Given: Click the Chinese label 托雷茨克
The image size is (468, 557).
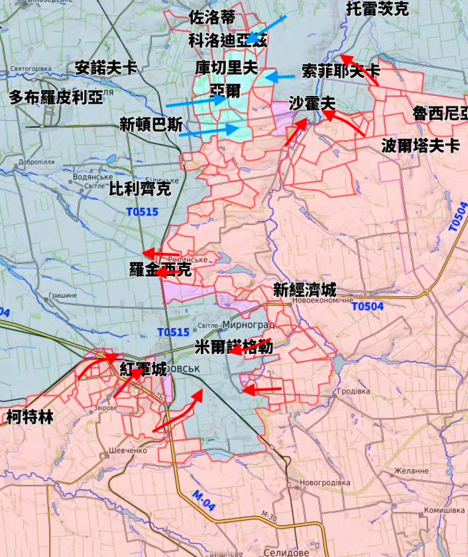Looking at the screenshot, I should [x=377, y=9].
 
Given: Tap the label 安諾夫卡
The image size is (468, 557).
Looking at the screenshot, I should [x=106, y=68].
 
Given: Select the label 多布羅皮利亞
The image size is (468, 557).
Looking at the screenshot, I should [x=56, y=97].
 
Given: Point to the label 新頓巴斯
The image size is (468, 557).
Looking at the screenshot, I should [x=151, y=125].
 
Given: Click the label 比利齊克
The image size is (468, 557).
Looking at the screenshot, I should [x=140, y=189].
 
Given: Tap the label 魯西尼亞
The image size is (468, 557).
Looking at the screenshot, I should [x=440, y=113].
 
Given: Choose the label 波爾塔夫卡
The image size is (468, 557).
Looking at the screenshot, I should [x=420, y=146].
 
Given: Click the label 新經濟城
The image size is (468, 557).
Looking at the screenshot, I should [x=305, y=290].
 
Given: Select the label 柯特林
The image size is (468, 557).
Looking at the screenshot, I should [x=30, y=417].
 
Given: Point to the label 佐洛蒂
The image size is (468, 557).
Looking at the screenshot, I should [x=212, y=17].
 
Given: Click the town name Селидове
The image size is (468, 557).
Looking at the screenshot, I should [x=286, y=552].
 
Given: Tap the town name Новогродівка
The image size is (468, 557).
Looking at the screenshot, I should [x=325, y=483].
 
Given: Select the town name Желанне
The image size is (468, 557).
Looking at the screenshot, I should [x=411, y=471].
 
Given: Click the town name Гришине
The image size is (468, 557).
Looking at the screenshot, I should [x=63, y=295].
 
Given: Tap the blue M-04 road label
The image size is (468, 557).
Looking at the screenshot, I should [x=204, y=500].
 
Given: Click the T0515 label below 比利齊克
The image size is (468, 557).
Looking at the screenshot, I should [x=142, y=212].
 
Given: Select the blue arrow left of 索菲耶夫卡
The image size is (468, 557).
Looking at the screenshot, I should [x=280, y=77].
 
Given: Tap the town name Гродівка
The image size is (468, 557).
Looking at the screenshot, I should [x=353, y=391].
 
